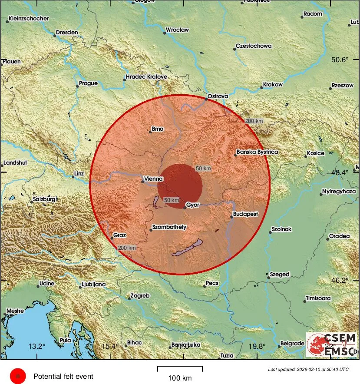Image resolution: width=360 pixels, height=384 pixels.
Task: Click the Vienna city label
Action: click(154, 179)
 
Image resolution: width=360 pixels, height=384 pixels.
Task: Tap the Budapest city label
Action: click(245, 214)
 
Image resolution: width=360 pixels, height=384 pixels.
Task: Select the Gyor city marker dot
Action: click(185, 208)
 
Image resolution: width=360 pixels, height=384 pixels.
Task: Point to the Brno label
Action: click(157, 129)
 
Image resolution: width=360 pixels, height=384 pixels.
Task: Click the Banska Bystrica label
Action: click(257, 152)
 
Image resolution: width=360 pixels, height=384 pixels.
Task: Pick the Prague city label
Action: click(88, 83)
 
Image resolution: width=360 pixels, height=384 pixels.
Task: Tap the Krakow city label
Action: click(273, 85)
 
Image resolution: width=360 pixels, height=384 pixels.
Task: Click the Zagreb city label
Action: click(141, 296)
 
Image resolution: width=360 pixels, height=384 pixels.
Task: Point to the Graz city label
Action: click(119, 235)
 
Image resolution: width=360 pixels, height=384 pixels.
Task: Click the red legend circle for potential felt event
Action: click(18, 376)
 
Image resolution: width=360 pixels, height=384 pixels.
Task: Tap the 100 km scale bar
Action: click(179, 369)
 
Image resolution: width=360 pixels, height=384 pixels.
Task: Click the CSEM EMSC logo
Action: click(331, 344)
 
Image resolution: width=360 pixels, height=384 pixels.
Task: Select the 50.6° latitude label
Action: click(340, 60)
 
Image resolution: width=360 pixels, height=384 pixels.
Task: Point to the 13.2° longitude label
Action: click(37, 346)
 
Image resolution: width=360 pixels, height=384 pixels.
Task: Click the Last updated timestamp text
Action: click(308, 369)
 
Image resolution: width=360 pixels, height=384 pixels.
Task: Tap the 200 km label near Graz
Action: click(127, 248)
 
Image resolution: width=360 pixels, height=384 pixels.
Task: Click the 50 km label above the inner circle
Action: click(203, 168)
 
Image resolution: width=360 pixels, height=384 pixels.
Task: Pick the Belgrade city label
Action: click(292, 343)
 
